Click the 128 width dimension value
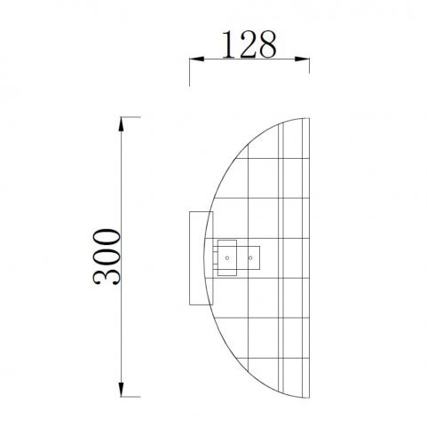point(249,44)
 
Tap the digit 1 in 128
point(228,44)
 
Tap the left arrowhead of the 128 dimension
point(196,59)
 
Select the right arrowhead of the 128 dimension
point(302,59)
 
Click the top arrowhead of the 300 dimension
point(121,124)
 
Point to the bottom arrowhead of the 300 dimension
point(121,390)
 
